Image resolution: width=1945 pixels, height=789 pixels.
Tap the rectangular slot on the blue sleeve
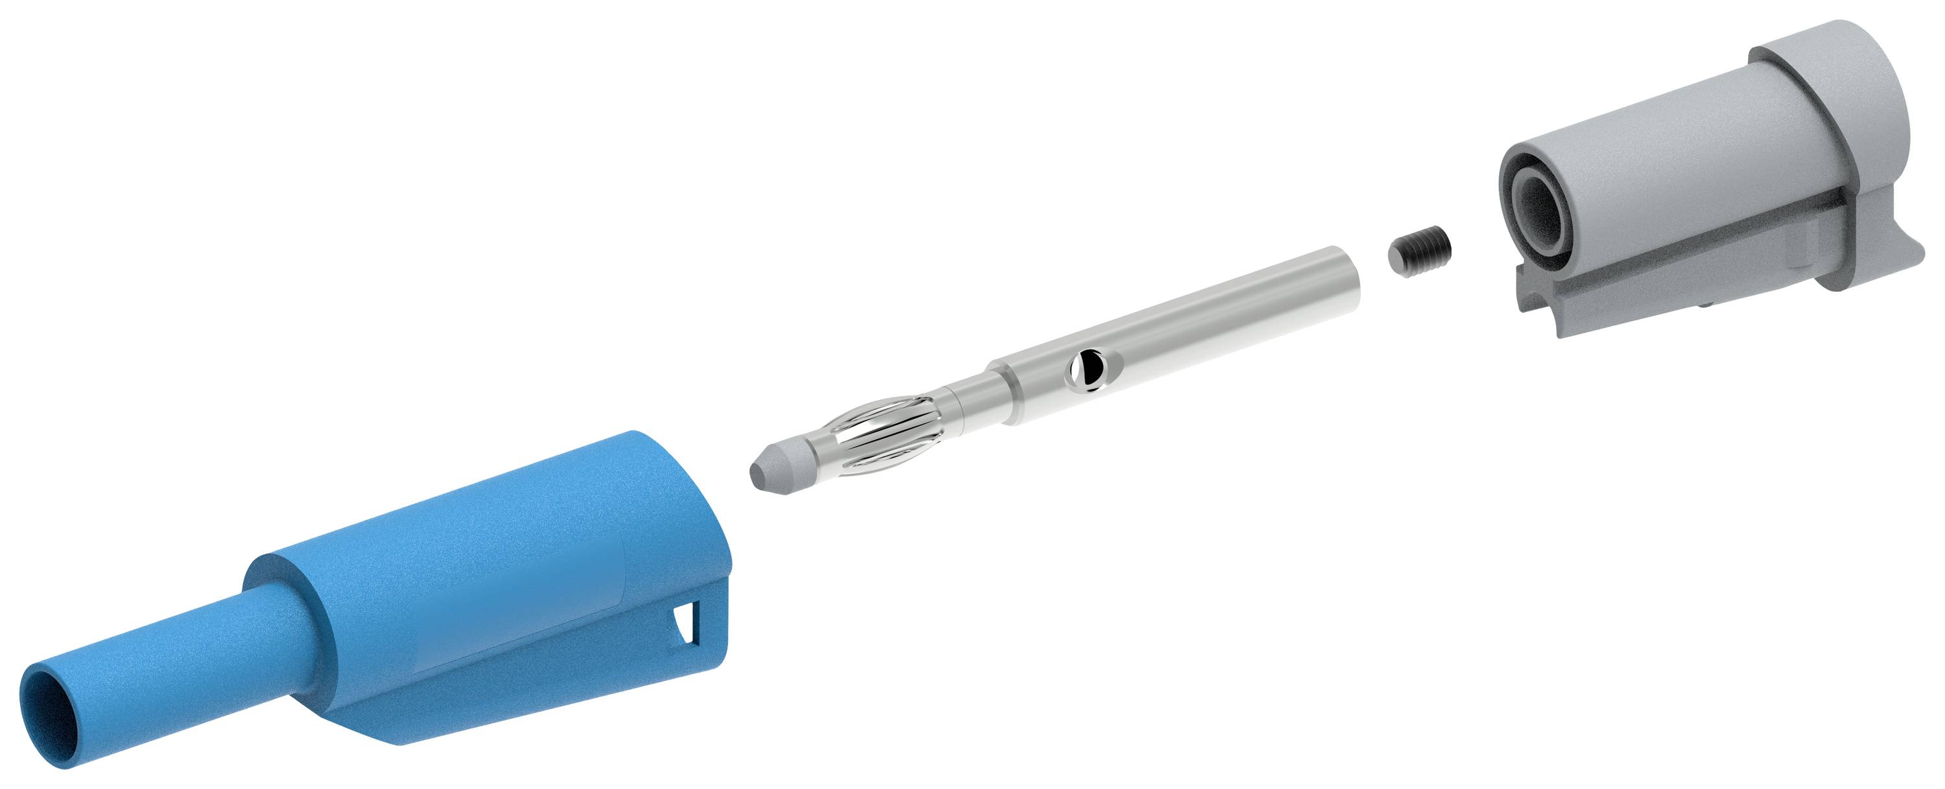687,625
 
